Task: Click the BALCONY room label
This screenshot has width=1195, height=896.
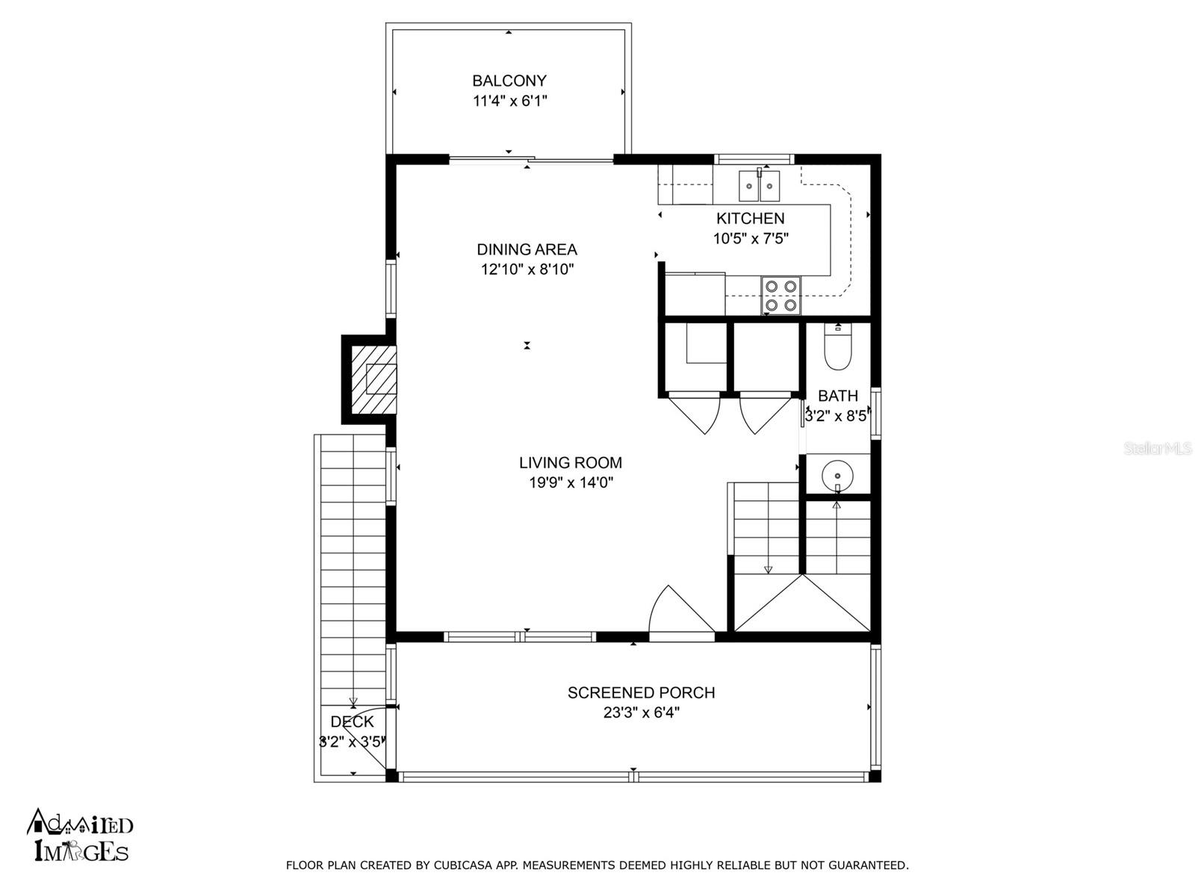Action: (x=509, y=81)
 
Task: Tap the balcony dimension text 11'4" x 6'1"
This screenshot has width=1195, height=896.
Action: (x=509, y=102)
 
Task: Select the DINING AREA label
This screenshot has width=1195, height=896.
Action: (x=527, y=249)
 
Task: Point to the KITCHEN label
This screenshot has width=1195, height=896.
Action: (x=750, y=219)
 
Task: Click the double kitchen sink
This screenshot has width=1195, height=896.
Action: (x=759, y=185)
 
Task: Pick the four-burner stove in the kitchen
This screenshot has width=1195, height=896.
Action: (x=780, y=296)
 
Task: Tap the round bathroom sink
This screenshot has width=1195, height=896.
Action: (x=837, y=475)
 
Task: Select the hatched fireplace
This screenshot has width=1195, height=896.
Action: (x=373, y=380)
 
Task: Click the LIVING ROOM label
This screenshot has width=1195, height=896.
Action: (x=570, y=463)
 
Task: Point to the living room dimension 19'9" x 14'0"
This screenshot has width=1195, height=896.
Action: (x=571, y=483)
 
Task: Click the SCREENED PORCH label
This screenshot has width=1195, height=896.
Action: (x=641, y=693)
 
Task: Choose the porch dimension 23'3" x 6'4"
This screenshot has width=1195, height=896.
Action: (x=642, y=712)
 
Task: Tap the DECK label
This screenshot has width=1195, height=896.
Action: (x=353, y=722)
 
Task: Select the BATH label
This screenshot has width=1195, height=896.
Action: (x=838, y=396)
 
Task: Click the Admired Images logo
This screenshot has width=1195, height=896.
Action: (x=79, y=835)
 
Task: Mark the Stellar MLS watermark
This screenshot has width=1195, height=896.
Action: (x=1158, y=449)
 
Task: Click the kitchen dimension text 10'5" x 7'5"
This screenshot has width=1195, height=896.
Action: (x=751, y=239)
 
